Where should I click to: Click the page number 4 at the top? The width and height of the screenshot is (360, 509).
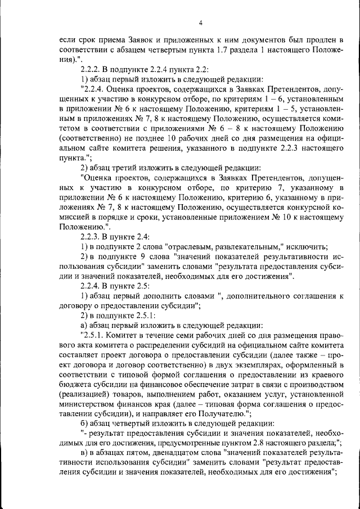pyautogui.click(x=200, y=23)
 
